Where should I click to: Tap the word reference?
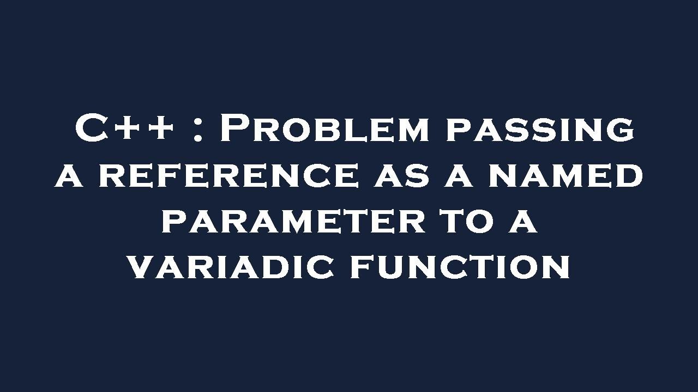tap(228, 176)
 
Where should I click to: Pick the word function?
tap(460, 267)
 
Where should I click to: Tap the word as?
tap(400, 176)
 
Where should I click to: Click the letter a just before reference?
tap(69, 176)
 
